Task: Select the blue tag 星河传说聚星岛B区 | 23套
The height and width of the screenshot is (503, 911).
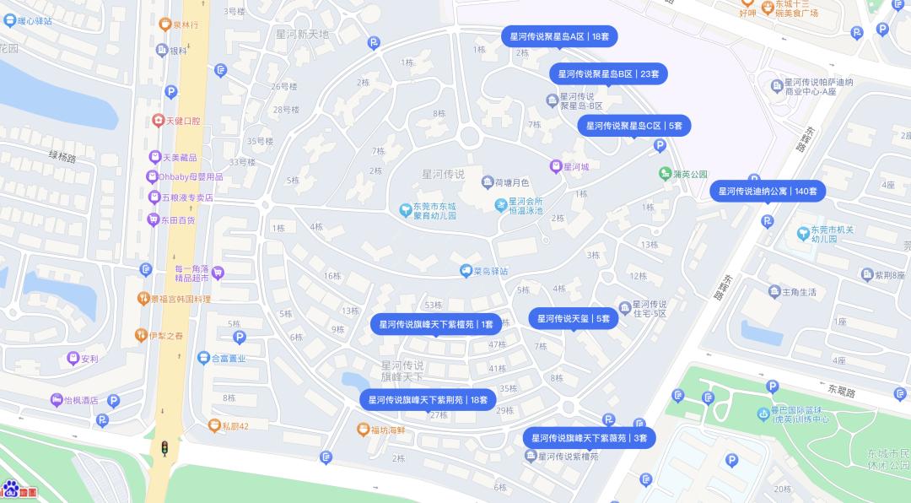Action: pyautogui.click(x=609, y=74)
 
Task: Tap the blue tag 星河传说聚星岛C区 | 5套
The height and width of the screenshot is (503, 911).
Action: pyautogui.click(x=634, y=126)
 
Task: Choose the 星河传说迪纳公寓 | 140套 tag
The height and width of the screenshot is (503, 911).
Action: pyautogui.click(x=768, y=192)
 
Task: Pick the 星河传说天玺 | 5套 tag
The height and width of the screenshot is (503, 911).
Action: pyautogui.click(x=574, y=319)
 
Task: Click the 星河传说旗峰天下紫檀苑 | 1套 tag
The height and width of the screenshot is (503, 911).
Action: pyautogui.click(x=436, y=324)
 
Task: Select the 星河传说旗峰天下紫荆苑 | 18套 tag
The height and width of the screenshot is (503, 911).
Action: pyautogui.click(x=428, y=400)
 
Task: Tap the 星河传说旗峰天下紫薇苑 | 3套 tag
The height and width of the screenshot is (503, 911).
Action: pyautogui.click(x=589, y=438)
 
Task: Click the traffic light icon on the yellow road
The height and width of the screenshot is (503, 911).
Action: pyautogui.click(x=165, y=448)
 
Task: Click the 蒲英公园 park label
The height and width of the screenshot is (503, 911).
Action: pyautogui.click(x=683, y=174)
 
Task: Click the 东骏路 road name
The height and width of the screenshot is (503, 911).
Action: pyautogui.click(x=842, y=391)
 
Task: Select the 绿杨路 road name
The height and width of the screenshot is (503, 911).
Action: pyautogui.click(x=62, y=158)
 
